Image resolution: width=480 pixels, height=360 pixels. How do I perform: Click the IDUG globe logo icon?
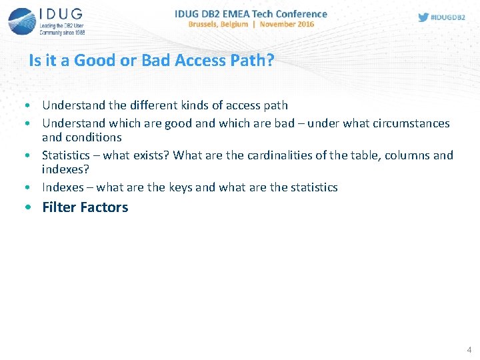[21, 21]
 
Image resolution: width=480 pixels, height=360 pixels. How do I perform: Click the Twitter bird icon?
[423, 17]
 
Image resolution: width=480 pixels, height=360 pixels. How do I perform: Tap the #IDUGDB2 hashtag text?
[449, 17]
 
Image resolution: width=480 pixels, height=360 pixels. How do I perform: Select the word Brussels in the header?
[209, 24]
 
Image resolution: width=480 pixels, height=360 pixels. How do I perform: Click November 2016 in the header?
[287, 24]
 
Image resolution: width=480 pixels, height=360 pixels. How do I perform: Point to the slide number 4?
[469, 349]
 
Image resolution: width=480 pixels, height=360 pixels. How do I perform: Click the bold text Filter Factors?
[85, 207]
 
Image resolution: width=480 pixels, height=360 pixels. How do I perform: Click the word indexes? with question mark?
[65, 169]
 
